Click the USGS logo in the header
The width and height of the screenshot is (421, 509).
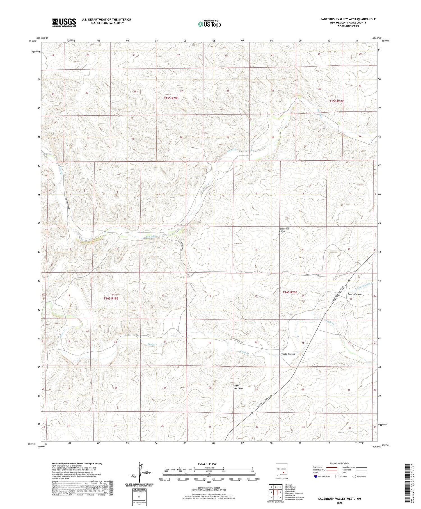pyautogui.click(x=64, y=22)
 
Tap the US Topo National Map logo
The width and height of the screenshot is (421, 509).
pyautogui.click(x=209, y=24)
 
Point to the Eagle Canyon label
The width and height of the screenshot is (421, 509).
pyautogui.click(x=288, y=354)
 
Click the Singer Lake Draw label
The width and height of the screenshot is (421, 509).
pyautogui.click(x=237, y=387)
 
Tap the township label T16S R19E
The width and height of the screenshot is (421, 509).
pyautogui.click(x=111, y=298)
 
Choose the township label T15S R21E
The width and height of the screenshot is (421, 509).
pyautogui.click(x=337, y=101)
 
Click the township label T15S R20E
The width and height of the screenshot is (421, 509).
pyautogui.click(x=171, y=98)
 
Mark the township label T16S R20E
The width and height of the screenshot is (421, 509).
pyautogui.click(x=290, y=292)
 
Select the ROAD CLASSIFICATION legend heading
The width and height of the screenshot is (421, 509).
pyautogui.click(x=339, y=463)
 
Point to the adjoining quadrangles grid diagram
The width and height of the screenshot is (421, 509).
pyautogui.click(x=276, y=492)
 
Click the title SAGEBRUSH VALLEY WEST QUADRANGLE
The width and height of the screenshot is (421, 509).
pyautogui.click(x=348, y=19)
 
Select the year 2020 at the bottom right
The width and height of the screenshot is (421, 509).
pyautogui.click(x=339, y=503)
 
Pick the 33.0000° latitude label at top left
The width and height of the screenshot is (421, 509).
pyautogui.click(x=33, y=41)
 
